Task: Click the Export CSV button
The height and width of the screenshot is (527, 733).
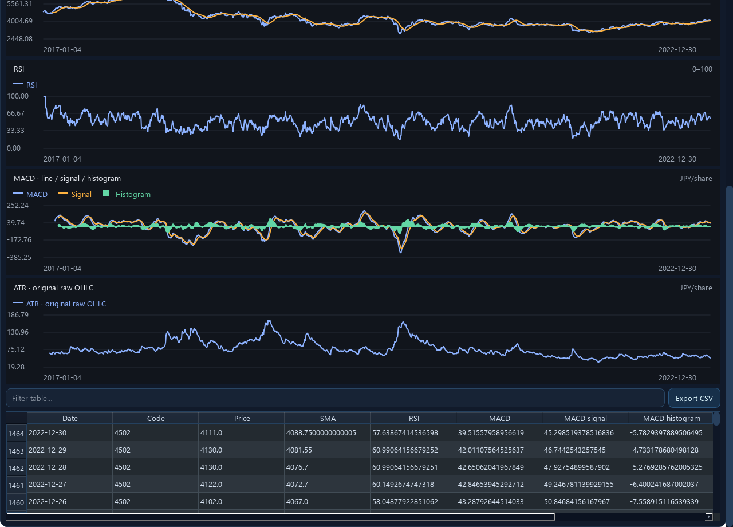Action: [x=693, y=398]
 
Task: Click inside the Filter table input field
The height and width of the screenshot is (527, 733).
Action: [x=335, y=398]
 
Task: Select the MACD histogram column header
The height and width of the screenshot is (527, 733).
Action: [x=671, y=418]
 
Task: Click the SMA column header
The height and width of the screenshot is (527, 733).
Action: [x=328, y=418]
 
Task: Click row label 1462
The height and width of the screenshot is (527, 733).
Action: [x=16, y=468]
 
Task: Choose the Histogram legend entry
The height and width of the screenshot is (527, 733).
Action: [x=127, y=194]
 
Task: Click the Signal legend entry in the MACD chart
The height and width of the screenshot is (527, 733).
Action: [x=75, y=194]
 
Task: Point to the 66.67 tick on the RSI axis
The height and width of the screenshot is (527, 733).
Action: [x=15, y=113]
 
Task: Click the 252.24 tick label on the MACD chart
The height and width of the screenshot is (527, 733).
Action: [x=18, y=205]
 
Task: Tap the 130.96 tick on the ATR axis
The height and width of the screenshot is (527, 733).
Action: [x=18, y=332]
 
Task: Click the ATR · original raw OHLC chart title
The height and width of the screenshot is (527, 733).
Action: [x=53, y=288]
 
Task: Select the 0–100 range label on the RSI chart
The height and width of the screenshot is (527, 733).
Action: [x=702, y=69]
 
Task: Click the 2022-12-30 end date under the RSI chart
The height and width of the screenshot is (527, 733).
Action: [x=677, y=159]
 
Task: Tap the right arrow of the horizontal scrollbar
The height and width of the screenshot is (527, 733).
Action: [x=708, y=517]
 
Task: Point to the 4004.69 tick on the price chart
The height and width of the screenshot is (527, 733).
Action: [x=19, y=21]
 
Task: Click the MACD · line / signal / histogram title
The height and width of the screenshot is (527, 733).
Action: [x=67, y=178]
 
